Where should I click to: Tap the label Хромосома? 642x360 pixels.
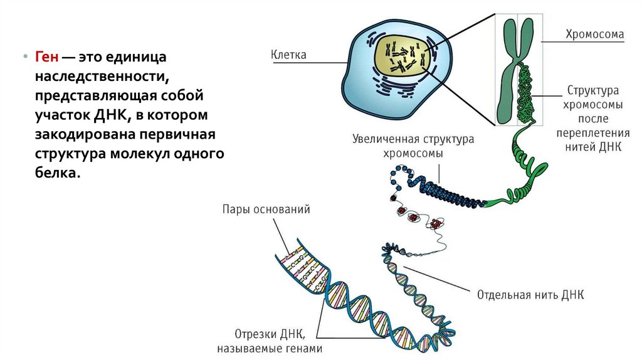click(x=594, y=34)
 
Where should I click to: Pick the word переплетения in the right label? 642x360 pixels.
click(x=594, y=133)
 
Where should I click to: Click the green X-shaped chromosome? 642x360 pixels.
click(x=516, y=63)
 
